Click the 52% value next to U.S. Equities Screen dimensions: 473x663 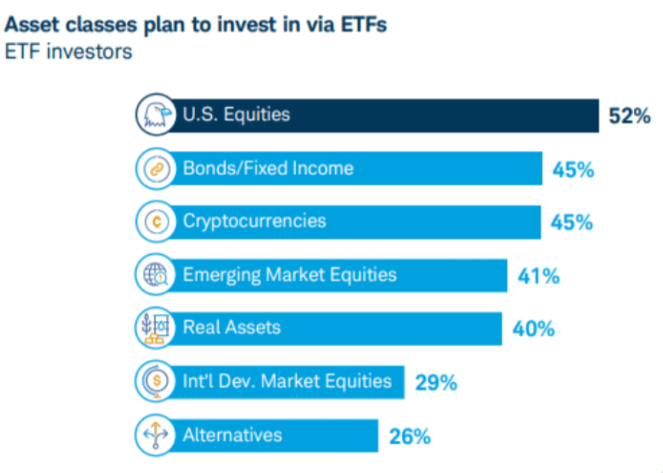(x=629, y=116)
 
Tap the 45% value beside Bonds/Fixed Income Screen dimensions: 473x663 (x=573, y=170)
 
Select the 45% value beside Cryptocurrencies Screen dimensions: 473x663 (x=572, y=222)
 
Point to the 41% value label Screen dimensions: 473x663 (x=539, y=276)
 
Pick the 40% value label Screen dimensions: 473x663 (x=534, y=329)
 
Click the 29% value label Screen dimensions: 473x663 (x=436, y=382)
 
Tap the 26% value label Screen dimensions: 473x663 (x=410, y=436)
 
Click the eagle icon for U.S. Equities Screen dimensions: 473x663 (x=156, y=115)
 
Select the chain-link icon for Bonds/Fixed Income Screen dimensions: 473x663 (x=156, y=169)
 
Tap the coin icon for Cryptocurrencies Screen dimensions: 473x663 (x=156, y=222)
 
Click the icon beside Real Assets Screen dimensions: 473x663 (x=156, y=328)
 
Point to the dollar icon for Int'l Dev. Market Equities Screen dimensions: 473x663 (x=156, y=381)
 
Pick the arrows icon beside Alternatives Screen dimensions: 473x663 (x=156, y=435)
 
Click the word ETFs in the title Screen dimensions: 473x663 (x=364, y=24)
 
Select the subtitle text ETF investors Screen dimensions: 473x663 (x=68, y=52)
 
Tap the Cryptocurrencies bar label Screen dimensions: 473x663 (x=255, y=221)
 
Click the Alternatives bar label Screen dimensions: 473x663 (x=232, y=435)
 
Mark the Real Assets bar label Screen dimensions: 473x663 (x=232, y=327)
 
